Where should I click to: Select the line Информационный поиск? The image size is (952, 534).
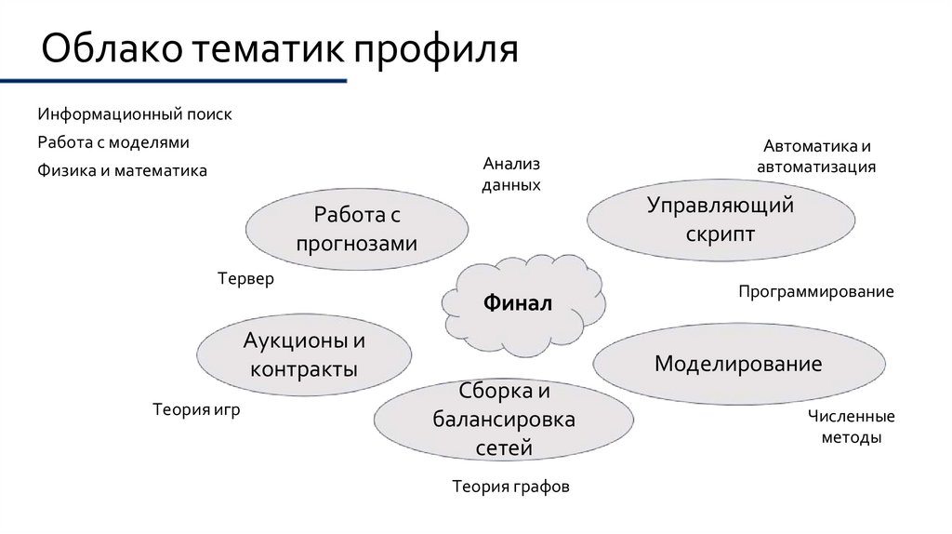pos(135,114)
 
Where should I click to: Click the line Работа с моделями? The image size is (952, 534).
pos(113,142)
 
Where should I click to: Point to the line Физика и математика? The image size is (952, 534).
pos(123,171)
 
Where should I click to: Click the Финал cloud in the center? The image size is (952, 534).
pos(517,303)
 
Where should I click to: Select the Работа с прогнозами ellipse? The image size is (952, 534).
pos(356,229)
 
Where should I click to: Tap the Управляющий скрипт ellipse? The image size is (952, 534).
pos(721,220)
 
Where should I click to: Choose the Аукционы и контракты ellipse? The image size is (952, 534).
pos(304,354)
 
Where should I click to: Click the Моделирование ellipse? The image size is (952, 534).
pos(738,363)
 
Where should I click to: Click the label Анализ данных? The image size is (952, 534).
pos(510,174)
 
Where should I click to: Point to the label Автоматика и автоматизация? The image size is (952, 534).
pos(816,157)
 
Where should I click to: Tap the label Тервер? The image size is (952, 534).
pos(245,279)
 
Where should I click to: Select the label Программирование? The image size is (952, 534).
pos(815,292)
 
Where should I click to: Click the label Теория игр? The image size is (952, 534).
pos(196,408)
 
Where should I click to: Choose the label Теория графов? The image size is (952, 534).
pos(509,486)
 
